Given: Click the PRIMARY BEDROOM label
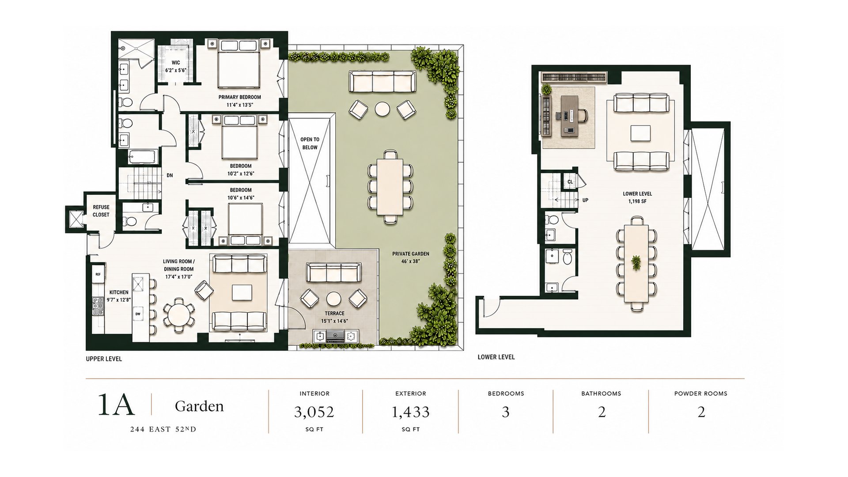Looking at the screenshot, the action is (x=239, y=97).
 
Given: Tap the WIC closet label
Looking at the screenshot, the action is (x=176, y=63).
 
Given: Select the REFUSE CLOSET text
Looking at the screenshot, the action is (x=101, y=211).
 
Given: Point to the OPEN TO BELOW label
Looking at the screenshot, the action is (x=310, y=144).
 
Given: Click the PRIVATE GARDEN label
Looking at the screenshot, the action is (x=411, y=254).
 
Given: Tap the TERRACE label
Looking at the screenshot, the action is (x=334, y=314).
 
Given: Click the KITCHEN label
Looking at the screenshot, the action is (x=119, y=292).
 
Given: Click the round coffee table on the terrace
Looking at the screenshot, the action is (x=333, y=299).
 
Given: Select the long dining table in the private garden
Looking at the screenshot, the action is (x=390, y=187).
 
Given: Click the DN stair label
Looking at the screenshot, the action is (x=170, y=175).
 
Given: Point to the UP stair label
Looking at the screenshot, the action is (x=585, y=200).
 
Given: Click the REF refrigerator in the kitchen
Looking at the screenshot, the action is (x=98, y=274).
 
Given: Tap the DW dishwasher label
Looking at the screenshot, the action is (x=138, y=314).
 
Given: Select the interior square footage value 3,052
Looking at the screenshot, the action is (x=314, y=412).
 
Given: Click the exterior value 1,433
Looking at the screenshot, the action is (x=410, y=412).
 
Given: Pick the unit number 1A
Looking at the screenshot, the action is (x=116, y=404).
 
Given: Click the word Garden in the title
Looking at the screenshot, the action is (x=199, y=406).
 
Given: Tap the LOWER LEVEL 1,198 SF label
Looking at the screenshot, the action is (x=637, y=197).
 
